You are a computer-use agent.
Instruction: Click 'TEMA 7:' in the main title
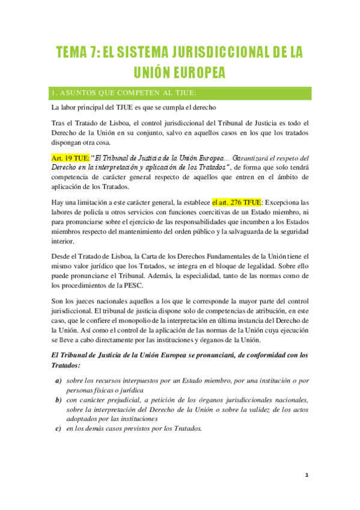[76, 52]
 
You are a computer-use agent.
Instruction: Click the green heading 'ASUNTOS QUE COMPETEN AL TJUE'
[124, 93]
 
